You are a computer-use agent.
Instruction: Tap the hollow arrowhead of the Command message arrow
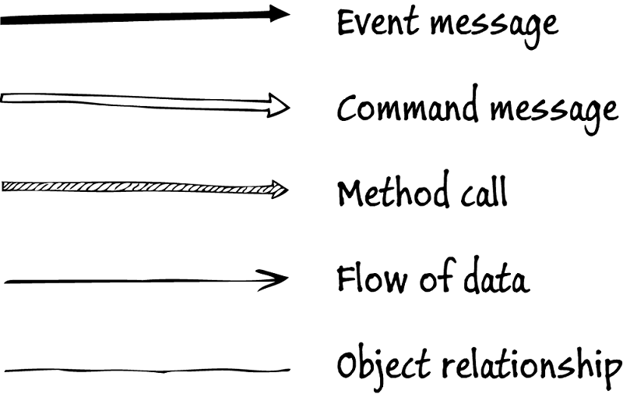[276, 105]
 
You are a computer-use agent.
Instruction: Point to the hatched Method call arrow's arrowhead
[278, 188]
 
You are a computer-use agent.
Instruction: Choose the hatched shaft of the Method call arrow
[132, 186]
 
